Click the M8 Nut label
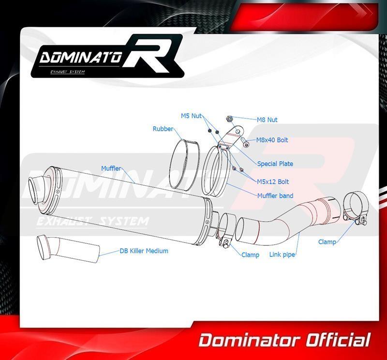click(x=267, y=120)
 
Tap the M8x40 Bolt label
click(x=272, y=140)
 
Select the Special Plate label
click(x=275, y=164)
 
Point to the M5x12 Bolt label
click(x=273, y=181)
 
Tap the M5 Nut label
click(x=191, y=116)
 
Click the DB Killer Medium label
click(x=144, y=251)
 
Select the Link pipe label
click(x=283, y=254)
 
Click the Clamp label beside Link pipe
click(x=250, y=255)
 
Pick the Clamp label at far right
click(x=327, y=241)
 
